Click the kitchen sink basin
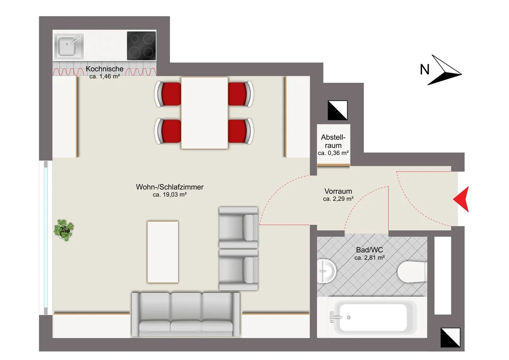[69, 47]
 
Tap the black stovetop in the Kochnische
[141, 46]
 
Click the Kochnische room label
[105, 69]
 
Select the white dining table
[204, 113]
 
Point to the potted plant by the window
[64, 230]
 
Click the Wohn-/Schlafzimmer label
[169, 187]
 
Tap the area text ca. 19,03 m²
[169, 195]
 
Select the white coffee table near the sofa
[163, 252]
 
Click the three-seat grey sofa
[186, 315]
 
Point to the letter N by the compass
[425, 69]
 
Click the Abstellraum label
[333, 141]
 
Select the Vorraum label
[338, 191]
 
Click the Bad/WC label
[369, 250]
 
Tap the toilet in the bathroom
[412, 272]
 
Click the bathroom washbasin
[326, 271]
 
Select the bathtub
[372, 317]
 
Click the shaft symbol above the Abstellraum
[338, 110]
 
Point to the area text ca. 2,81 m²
[369, 258]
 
